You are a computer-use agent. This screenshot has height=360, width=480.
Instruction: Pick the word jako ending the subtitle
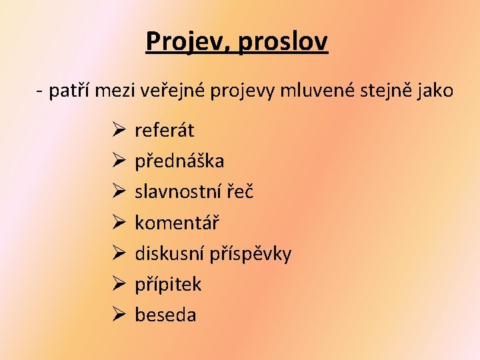(433, 91)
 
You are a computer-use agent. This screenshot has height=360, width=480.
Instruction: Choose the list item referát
(164, 130)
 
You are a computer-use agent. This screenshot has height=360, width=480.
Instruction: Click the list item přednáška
(179, 161)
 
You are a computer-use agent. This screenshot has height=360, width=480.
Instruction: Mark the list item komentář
(177, 222)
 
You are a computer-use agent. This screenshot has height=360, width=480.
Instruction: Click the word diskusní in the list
(170, 253)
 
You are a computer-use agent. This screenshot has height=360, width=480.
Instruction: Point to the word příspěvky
(251, 253)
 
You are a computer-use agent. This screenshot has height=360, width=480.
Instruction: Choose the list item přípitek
(168, 284)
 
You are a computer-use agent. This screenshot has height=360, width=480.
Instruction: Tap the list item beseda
(165, 315)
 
